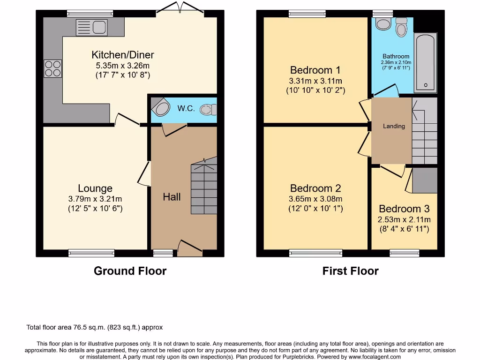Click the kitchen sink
[x=92, y=27]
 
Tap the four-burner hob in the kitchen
[x=52, y=69]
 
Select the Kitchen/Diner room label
[x=123, y=55]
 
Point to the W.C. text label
[x=186, y=108]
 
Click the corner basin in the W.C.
[x=160, y=108]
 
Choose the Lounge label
[x=95, y=188]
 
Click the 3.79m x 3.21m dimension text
[x=95, y=199]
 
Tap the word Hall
[x=172, y=197]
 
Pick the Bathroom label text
[x=396, y=56]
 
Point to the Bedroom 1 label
[x=315, y=70]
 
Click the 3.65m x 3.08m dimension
[x=315, y=199]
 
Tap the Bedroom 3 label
[x=404, y=209]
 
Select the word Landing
[x=394, y=126]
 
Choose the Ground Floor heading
[x=130, y=271]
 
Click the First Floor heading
[x=350, y=271]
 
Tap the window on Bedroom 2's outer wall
[x=315, y=253]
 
